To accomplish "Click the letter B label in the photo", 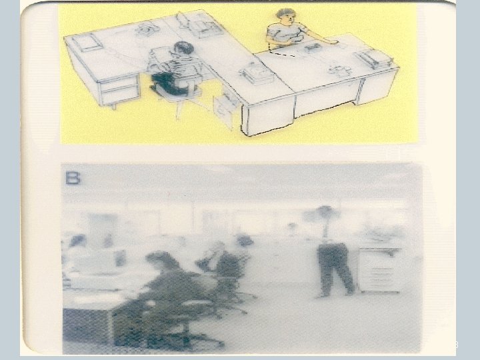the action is coord(73,179).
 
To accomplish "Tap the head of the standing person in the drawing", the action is coord(287,17).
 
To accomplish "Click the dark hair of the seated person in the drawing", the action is coord(183,48).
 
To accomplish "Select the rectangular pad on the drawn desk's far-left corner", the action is coord(86,42).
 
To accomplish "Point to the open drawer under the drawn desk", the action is coord(226,105).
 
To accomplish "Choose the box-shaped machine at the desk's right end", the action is coord(373,58).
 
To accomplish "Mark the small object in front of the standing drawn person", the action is coord(312,47).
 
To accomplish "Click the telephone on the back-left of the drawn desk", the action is coord(147,29).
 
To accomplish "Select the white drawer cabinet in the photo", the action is coord(379,269).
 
